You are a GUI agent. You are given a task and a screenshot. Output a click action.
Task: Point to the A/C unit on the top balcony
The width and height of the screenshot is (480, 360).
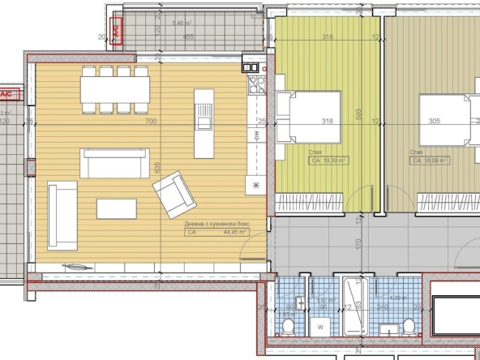116,29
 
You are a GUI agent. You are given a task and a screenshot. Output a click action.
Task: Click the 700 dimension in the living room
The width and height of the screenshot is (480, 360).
149,122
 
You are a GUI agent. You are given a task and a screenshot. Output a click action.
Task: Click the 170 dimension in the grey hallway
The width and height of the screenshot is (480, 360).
358,242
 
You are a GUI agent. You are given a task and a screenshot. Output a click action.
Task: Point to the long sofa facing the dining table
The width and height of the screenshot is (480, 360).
107,162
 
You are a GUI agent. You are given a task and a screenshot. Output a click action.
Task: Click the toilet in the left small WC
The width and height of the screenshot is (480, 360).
289,327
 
